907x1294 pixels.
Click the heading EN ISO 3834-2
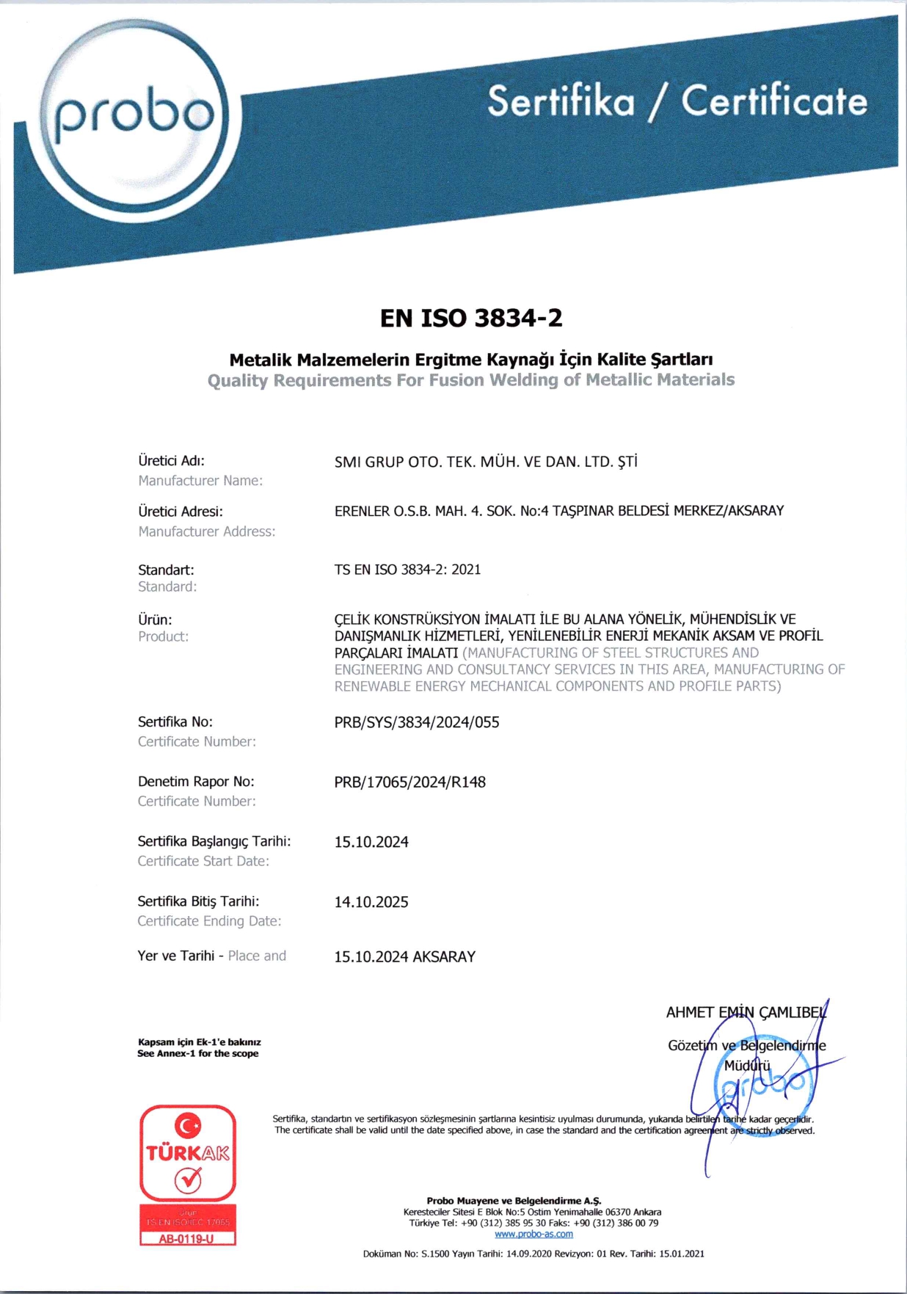(471, 318)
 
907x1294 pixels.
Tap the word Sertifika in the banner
(561, 101)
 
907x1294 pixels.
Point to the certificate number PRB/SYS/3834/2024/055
(416, 722)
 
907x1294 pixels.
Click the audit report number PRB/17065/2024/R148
(409, 782)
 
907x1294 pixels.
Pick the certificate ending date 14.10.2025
(371, 902)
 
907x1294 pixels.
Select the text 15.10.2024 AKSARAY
(404, 956)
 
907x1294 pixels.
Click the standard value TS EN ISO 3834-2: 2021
(407, 570)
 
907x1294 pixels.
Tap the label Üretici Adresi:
(181, 512)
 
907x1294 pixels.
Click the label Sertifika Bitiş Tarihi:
(198, 901)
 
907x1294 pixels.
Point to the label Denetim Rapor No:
(196, 782)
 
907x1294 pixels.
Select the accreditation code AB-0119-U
(187, 1239)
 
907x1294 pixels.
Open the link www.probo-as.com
(533, 1234)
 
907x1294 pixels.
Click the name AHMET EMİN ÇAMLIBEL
(745, 1013)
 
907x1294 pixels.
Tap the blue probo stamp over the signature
(763, 1086)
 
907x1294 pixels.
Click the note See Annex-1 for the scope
(197, 1053)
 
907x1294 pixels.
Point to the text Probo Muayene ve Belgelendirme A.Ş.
(514, 1201)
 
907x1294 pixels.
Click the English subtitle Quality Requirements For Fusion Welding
(470, 380)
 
